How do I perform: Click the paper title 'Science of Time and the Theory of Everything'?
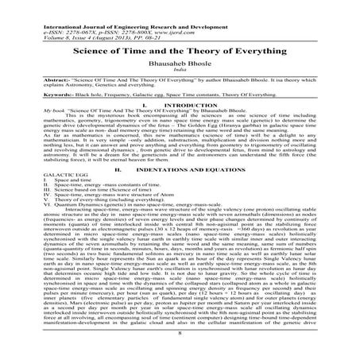point(180,48)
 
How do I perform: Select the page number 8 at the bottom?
point(180,346)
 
